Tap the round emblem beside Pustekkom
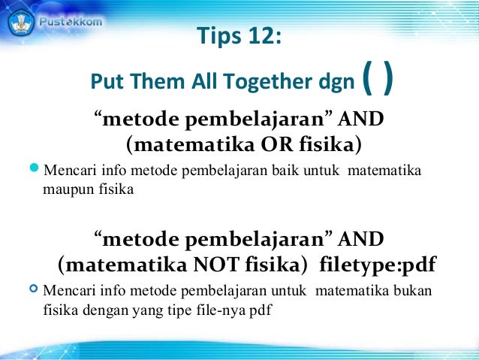(x=22, y=22)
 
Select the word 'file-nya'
(x=206, y=307)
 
